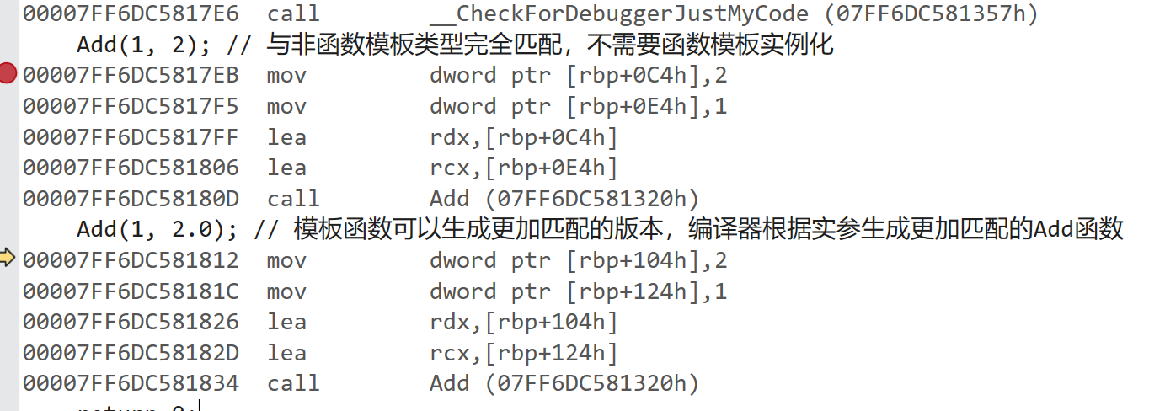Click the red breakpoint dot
8,74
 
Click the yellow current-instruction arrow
8,259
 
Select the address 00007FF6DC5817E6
131,13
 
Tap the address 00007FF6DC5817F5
131,106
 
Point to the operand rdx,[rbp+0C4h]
524,137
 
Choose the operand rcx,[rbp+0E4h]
524,168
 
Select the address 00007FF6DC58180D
131,199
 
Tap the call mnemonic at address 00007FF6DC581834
293,383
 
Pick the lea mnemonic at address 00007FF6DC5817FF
286,137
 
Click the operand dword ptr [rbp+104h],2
578,260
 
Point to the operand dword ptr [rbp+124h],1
578,291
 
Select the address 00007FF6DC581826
131,322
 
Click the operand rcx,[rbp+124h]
524,353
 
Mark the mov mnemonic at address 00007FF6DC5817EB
286,75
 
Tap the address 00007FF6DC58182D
131,353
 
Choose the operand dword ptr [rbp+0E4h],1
578,106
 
